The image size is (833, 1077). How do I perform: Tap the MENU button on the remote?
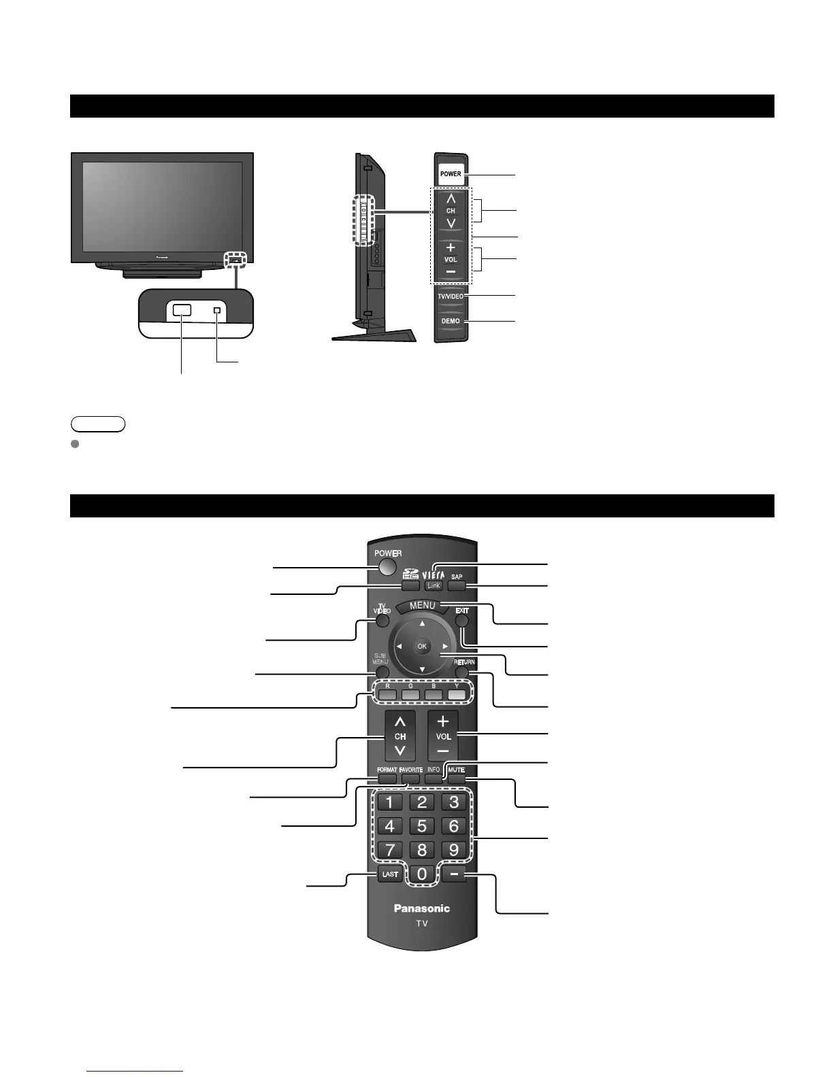[422, 606]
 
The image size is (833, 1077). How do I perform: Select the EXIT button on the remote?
[462, 619]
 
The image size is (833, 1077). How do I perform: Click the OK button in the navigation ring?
[422, 646]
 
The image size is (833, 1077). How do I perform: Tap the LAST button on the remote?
[390, 874]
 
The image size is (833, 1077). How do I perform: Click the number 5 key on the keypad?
[422, 826]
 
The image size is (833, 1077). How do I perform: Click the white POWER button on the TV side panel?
[451, 174]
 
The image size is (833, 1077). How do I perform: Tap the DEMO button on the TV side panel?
[451, 321]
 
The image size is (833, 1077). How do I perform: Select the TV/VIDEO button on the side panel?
[451, 296]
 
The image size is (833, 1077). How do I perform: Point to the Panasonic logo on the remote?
[422, 908]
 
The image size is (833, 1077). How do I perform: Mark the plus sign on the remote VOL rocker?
[443, 721]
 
